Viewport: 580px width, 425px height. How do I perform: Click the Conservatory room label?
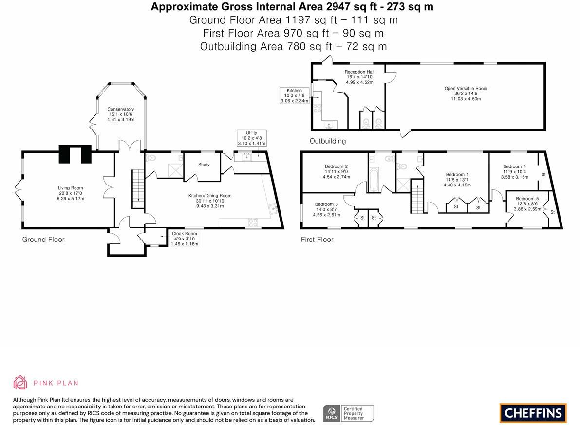click(x=121, y=114)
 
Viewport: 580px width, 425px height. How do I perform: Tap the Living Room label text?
click(x=71, y=193)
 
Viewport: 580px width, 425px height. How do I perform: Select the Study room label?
click(x=204, y=165)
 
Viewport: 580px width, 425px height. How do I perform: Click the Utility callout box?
click(x=251, y=138)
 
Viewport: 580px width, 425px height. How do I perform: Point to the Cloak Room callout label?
click(x=185, y=239)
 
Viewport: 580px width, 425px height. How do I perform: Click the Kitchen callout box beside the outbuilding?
click(x=294, y=95)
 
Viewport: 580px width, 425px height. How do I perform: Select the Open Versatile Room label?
click(x=466, y=93)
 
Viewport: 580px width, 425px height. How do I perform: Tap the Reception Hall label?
click(x=359, y=77)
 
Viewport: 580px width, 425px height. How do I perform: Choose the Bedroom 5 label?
click(x=527, y=203)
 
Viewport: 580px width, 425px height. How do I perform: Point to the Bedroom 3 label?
click(x=326, y=209)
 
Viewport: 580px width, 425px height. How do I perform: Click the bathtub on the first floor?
click(x=374, y=179)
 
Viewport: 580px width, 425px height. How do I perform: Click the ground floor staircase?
click(x=137, y=188)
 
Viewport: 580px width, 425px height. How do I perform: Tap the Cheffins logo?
click(x=533, y=413)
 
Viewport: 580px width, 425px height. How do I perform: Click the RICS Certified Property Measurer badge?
click(x=349, y=413)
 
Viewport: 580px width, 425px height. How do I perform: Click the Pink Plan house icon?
click(x=20, y=383)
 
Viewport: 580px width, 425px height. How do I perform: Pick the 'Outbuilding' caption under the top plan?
click(x=328, y=141)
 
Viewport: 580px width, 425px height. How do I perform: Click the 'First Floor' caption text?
click(x=317, y=240)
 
